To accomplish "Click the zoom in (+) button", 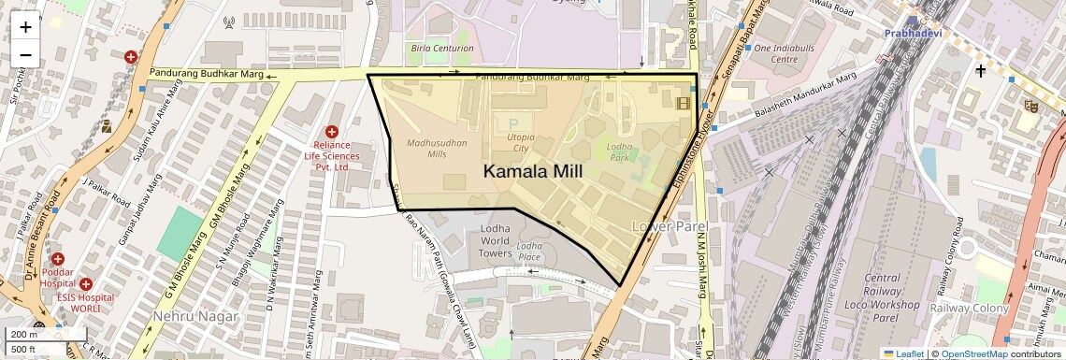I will coord(25,27).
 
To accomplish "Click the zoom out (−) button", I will coord(25,55).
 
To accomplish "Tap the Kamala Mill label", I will coord(532,171).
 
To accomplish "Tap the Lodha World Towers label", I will coord(495,240).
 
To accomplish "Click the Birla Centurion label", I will coord(441,48).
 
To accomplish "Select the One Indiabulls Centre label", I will coord(776,52).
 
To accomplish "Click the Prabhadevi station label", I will coord(913,34).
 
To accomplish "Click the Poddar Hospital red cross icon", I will coord(58,259).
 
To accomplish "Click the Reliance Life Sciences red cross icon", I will coord(331,132).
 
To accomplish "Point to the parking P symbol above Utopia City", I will coord(511,122).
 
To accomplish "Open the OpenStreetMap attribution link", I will coord(973,353).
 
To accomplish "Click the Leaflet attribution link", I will coord(904,353).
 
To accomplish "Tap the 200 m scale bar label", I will coord(23,335).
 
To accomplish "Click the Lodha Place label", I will coord(529,252).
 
